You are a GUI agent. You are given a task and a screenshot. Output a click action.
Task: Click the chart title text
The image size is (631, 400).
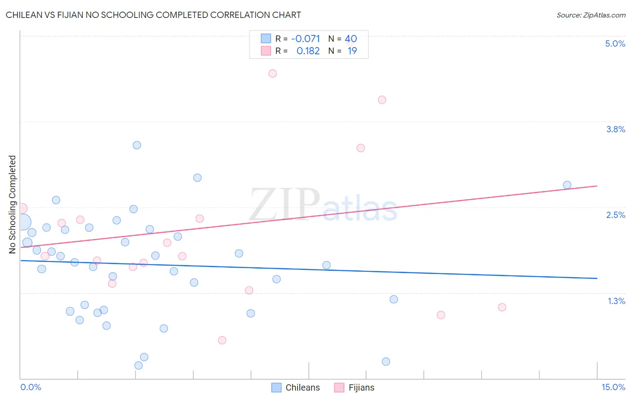pyautogui.click(x=153, y=15)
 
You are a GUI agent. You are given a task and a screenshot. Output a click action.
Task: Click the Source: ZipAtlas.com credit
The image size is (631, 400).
pyautogui.click(x=591, y=15)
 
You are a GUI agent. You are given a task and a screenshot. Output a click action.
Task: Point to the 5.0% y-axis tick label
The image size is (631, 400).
pyautogui.click(x=615, y=43)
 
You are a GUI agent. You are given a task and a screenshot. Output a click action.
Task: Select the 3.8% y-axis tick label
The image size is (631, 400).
pyautogui.click(x=615, y=129)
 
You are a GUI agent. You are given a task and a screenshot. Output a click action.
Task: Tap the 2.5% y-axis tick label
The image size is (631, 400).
pyautogui.click(x=615, y=215)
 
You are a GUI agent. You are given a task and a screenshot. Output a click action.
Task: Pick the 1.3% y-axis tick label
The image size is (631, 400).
pyautogui.click(x=616, y=301)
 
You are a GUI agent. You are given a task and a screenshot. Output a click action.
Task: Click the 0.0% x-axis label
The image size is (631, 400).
pyautogui.click(x=31, y=387)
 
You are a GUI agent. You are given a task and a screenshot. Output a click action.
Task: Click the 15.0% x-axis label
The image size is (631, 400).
pyautogui.click(x=613, y=387)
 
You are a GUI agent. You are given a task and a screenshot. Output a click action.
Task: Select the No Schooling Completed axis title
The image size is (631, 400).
pyautogui.click(x=12, y=204)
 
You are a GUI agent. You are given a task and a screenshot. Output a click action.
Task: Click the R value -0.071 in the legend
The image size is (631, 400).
pyautogui.click(x=305, y=39)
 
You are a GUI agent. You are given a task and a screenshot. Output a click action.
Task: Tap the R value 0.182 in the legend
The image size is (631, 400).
pyautogui.click(x=308, y=51)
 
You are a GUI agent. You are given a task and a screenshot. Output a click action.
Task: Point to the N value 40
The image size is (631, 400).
pyautogui.click(x=351, y=39)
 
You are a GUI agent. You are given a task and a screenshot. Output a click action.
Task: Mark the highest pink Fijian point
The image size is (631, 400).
pyautogui.click(x=272, y=74)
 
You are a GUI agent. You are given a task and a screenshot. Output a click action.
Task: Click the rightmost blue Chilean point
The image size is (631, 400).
pyautogui.click(x=567, y=185)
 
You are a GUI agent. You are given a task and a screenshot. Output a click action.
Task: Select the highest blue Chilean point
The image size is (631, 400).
pyautogui.click(x=137, y=145)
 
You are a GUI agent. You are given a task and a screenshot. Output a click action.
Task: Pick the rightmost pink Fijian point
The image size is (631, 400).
pyautogui.click(x=502, y=307)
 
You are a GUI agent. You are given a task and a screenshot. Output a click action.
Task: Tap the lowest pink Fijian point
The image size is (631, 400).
pyautogui.click(x=222, y=340)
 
